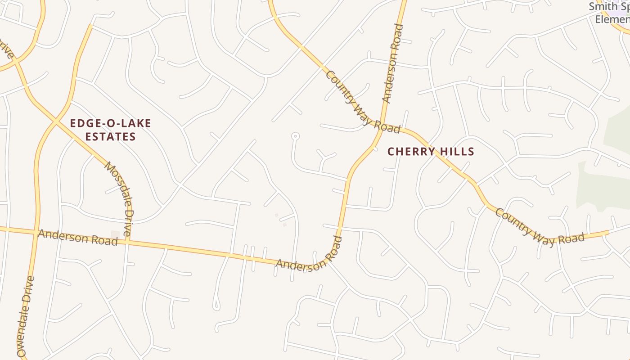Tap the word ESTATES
(110, 136)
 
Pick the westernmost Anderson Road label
(77, 238)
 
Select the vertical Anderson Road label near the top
(391, 63)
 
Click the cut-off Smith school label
(609, 13)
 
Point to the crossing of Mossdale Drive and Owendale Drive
(57, 121)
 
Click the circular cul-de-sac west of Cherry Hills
(295, 135)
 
